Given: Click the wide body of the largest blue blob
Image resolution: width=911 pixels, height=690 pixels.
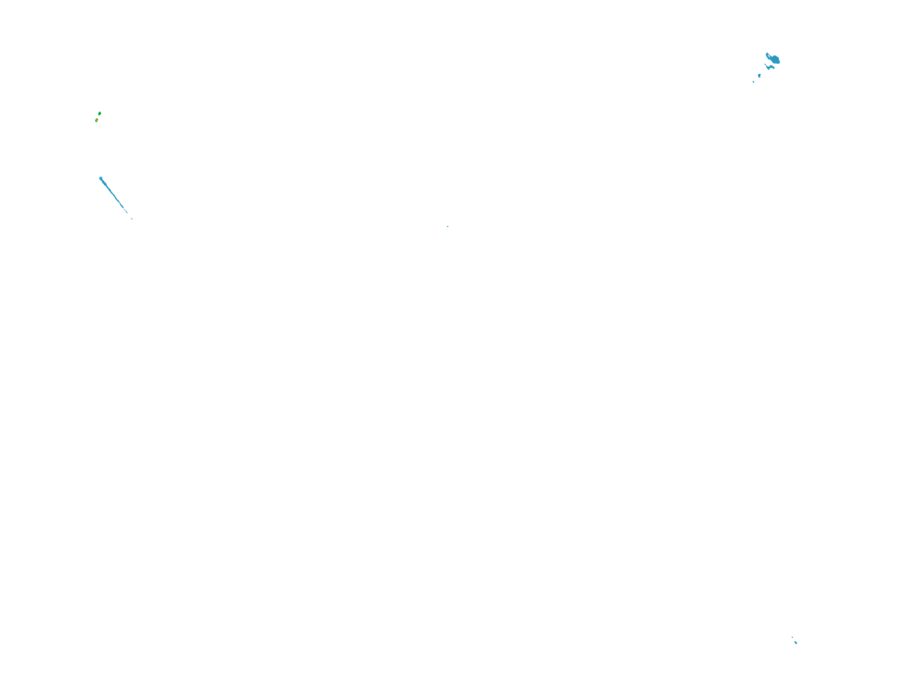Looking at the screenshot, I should [x=775, y=59].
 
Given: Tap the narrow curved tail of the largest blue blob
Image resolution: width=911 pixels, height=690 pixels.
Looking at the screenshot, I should [x=767, y=55].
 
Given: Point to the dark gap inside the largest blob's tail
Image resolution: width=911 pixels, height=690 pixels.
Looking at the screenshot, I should [x=769, y=56].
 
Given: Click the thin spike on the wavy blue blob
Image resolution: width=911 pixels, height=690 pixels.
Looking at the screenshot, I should [x=766, y=65].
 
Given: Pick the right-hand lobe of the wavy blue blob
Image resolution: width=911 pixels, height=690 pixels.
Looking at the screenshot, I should [x=773, y=67].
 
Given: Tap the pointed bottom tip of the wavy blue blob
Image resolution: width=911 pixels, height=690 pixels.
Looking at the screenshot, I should [x=769, y=69].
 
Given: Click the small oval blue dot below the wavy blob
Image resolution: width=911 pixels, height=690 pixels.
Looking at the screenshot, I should [x=759, y=76].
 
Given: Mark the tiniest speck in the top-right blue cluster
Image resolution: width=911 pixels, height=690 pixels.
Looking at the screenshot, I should [x=754, y=82].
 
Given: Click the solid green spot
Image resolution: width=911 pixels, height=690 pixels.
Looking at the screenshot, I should [x=100, y=113].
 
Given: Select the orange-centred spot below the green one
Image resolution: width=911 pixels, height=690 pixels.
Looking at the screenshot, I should [x=97, y=120].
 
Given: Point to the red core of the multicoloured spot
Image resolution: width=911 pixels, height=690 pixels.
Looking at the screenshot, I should [x=97, y=120].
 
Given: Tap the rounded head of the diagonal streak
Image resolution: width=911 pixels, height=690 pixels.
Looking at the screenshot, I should [x=100, y=179].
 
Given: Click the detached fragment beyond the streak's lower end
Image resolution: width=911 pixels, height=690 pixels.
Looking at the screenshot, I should [x=132, y=219].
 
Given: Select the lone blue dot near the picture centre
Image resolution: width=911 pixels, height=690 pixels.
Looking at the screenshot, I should [x=447, y=226].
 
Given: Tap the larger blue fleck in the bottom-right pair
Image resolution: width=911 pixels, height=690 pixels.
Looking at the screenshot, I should [x=796, y=643].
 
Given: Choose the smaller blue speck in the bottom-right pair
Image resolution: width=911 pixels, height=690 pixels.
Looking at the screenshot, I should [x=792, y=637].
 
